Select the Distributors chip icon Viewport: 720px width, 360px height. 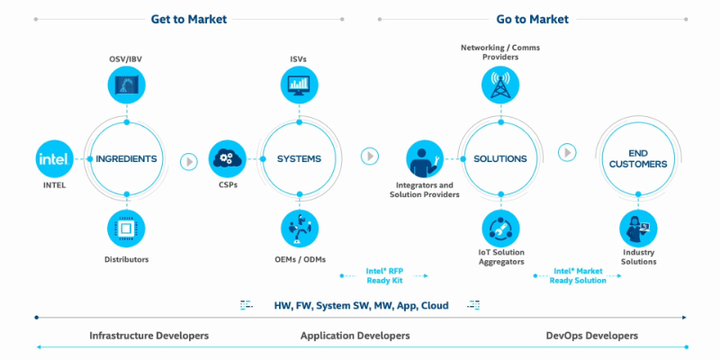[x=126, y=229]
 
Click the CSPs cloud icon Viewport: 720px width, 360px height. [x=227, y=159]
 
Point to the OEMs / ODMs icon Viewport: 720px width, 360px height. [x=298, y=229]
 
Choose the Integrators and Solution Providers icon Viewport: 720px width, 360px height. [x=423, y=159]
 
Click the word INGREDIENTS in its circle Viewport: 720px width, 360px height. [x=126, y=159]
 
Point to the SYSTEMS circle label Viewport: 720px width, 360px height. [x=298, y=159]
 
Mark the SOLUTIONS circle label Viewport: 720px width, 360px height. [x=499, y=159]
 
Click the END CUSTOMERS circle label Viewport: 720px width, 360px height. [x=637, y=158]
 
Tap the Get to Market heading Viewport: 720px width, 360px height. [x=189, y=18]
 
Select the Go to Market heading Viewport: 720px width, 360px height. [x=531, y=18]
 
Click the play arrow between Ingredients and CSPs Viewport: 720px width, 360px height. [x=188, y=161]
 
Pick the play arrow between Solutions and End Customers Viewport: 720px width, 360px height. [x=567, y=152]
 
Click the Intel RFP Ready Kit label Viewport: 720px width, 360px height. [x=384, y=274]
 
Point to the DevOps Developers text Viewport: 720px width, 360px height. [x=592, y=336]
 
